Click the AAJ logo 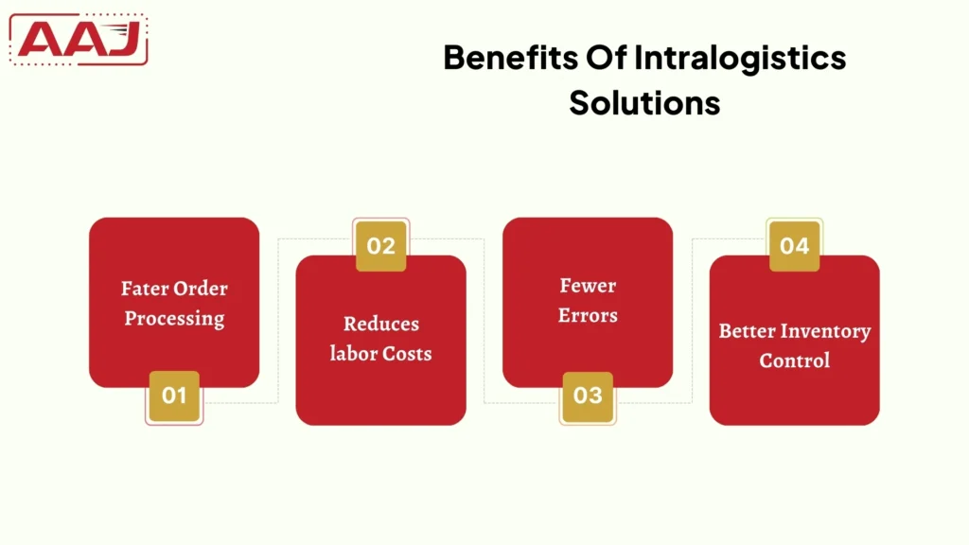coord(79,40)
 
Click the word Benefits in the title coord(497,58)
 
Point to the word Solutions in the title coord(644,102)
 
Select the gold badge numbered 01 coord(174,396)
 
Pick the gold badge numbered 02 coord(380,246)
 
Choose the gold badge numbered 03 coord(588,396)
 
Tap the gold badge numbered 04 coord(794,246)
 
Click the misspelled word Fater coord(146,289)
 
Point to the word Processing coord(174,318)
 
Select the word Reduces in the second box coord(380,324)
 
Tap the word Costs coord(407,353)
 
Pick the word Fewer coord(588,286)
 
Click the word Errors coord(588,315)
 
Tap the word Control coord(794,360)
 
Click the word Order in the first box coord(202,289)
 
